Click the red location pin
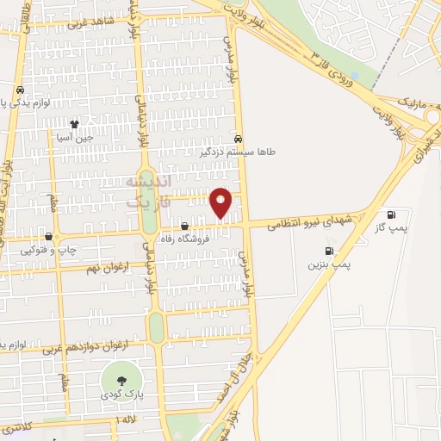221,202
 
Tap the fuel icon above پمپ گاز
393,214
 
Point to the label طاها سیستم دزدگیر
238,151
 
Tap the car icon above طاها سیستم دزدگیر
238,138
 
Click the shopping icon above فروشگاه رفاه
184,227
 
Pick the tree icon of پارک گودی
117,381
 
